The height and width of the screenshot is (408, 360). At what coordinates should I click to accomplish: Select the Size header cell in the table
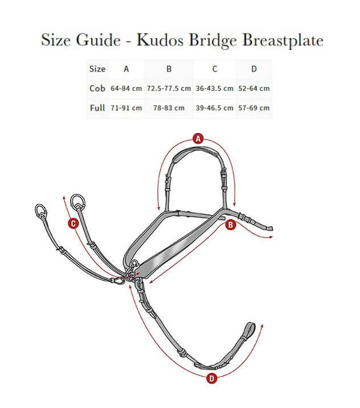pyautogui.click(x=97, y=69)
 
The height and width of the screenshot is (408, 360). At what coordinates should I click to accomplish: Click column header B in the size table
pyautogui.click(x=169, y=69)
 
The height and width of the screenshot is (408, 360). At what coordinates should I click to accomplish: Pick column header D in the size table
pyautogui.click(x=254, y=69)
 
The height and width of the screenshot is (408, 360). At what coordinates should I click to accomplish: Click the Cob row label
pyautogui.click(x=97, y=88)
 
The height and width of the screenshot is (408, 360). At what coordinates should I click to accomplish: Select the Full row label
pyautogui.click(x=97, y=108)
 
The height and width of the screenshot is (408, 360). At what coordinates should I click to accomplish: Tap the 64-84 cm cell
pyautogui.click(x=126, y=88)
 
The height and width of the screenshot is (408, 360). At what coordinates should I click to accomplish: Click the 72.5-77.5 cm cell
pyautogui.click(x=169, y=88)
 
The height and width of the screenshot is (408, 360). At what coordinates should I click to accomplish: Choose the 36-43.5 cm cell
pyautogui.click(x=214, y=88)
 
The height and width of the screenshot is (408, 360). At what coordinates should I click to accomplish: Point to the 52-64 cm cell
pyautogui.click(x=254, y=88)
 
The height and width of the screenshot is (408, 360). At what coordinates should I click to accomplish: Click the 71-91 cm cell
pyautogui.click(x=126, y=108)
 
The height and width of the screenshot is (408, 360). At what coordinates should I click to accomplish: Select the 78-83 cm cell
pyautogui.click(x=169, y=108)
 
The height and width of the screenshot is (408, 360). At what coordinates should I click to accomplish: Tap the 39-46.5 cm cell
pyautogui.click(x=214, y=108)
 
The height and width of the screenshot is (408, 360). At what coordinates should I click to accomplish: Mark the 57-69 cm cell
pyautogui.click(x=254, y=108)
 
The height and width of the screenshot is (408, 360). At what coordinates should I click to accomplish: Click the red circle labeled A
pyautogui.click(x=198, y=138)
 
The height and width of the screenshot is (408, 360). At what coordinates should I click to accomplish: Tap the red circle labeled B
pyautogui.click(x=231, y=226)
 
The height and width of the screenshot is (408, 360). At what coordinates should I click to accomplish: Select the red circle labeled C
pyautogui.click(x=73, y=223)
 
